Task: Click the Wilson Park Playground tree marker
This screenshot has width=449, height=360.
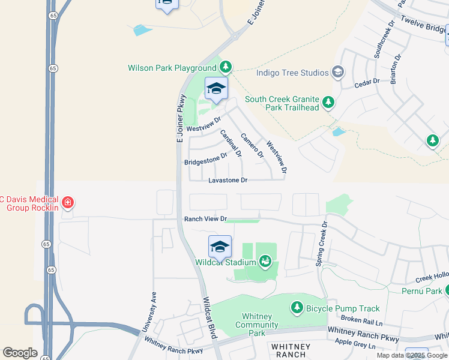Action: pyautogui.click(x=225, y=67)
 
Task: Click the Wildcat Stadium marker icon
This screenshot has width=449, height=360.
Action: pyautogui.click(x=265, y=262)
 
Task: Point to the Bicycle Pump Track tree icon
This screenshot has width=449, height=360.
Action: pyautogui.click(x=297, y=308)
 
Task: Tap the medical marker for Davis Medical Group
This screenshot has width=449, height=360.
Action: pyautogui.click(x=68, y=203)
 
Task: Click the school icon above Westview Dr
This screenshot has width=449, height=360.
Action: pyautogui.click(x=216, y=89)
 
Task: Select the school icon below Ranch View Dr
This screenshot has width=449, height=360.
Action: pyautogui.click(x=220, y=247)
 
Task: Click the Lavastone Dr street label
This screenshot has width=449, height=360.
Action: pyautogui.click(x=228, y=180)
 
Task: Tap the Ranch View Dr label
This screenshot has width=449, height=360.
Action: pyautogui.click(x=205, y=219)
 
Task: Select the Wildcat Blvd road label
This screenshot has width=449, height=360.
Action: pyautogui.click(x=209, y=319)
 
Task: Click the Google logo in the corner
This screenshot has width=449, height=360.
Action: pyautogui.click(x=20, y=353)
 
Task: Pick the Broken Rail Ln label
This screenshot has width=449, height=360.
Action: pyautogui.click(x=361, y=321)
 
